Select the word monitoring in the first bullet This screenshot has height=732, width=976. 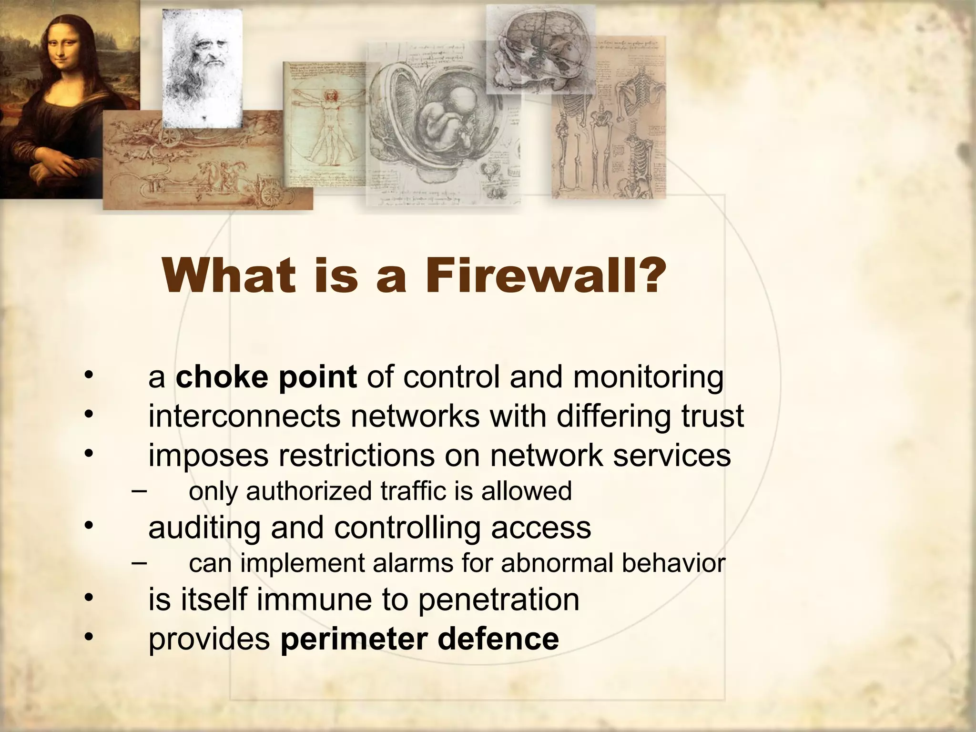[x=648, y=378]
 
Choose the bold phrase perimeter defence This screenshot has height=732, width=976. [x=419, y=639]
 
